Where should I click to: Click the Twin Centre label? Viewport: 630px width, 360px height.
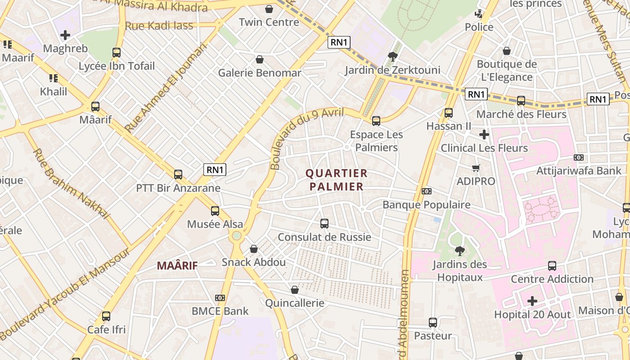click(x=269, y=22)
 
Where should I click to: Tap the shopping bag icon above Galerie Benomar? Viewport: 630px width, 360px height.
click(x=260, y=59)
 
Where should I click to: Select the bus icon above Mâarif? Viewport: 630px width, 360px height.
click(x=95, y=107)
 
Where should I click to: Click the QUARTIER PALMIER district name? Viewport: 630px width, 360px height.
click(x=337, y=180)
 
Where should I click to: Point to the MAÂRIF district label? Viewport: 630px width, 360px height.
click(x=177, y=265)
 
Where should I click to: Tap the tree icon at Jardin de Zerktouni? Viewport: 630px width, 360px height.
click(x=392, y=57)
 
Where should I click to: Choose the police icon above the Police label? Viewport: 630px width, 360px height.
click(x=479, y=14)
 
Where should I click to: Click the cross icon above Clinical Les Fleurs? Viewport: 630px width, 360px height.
click(x=484, y=135)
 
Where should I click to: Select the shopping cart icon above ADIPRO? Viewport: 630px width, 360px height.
click(x=476, y=168)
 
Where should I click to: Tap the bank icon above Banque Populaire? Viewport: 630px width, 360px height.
click(x=427, y=191)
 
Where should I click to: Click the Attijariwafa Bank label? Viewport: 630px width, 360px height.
click(x=579, y=171)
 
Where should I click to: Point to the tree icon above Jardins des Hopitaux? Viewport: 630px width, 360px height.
click(x=460, y=251)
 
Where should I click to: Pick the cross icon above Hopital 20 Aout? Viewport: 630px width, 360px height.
click(x=532, y=301)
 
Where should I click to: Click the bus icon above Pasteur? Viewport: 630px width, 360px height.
click(x=433, y=322)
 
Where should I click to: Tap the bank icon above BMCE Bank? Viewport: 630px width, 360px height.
click(x=220, y=298)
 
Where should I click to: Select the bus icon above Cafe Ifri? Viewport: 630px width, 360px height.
click(x=106, y=316)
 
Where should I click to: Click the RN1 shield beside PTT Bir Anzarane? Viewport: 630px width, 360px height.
click(x=215, y=170)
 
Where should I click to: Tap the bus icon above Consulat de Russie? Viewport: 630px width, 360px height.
click(x=324, y=223)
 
